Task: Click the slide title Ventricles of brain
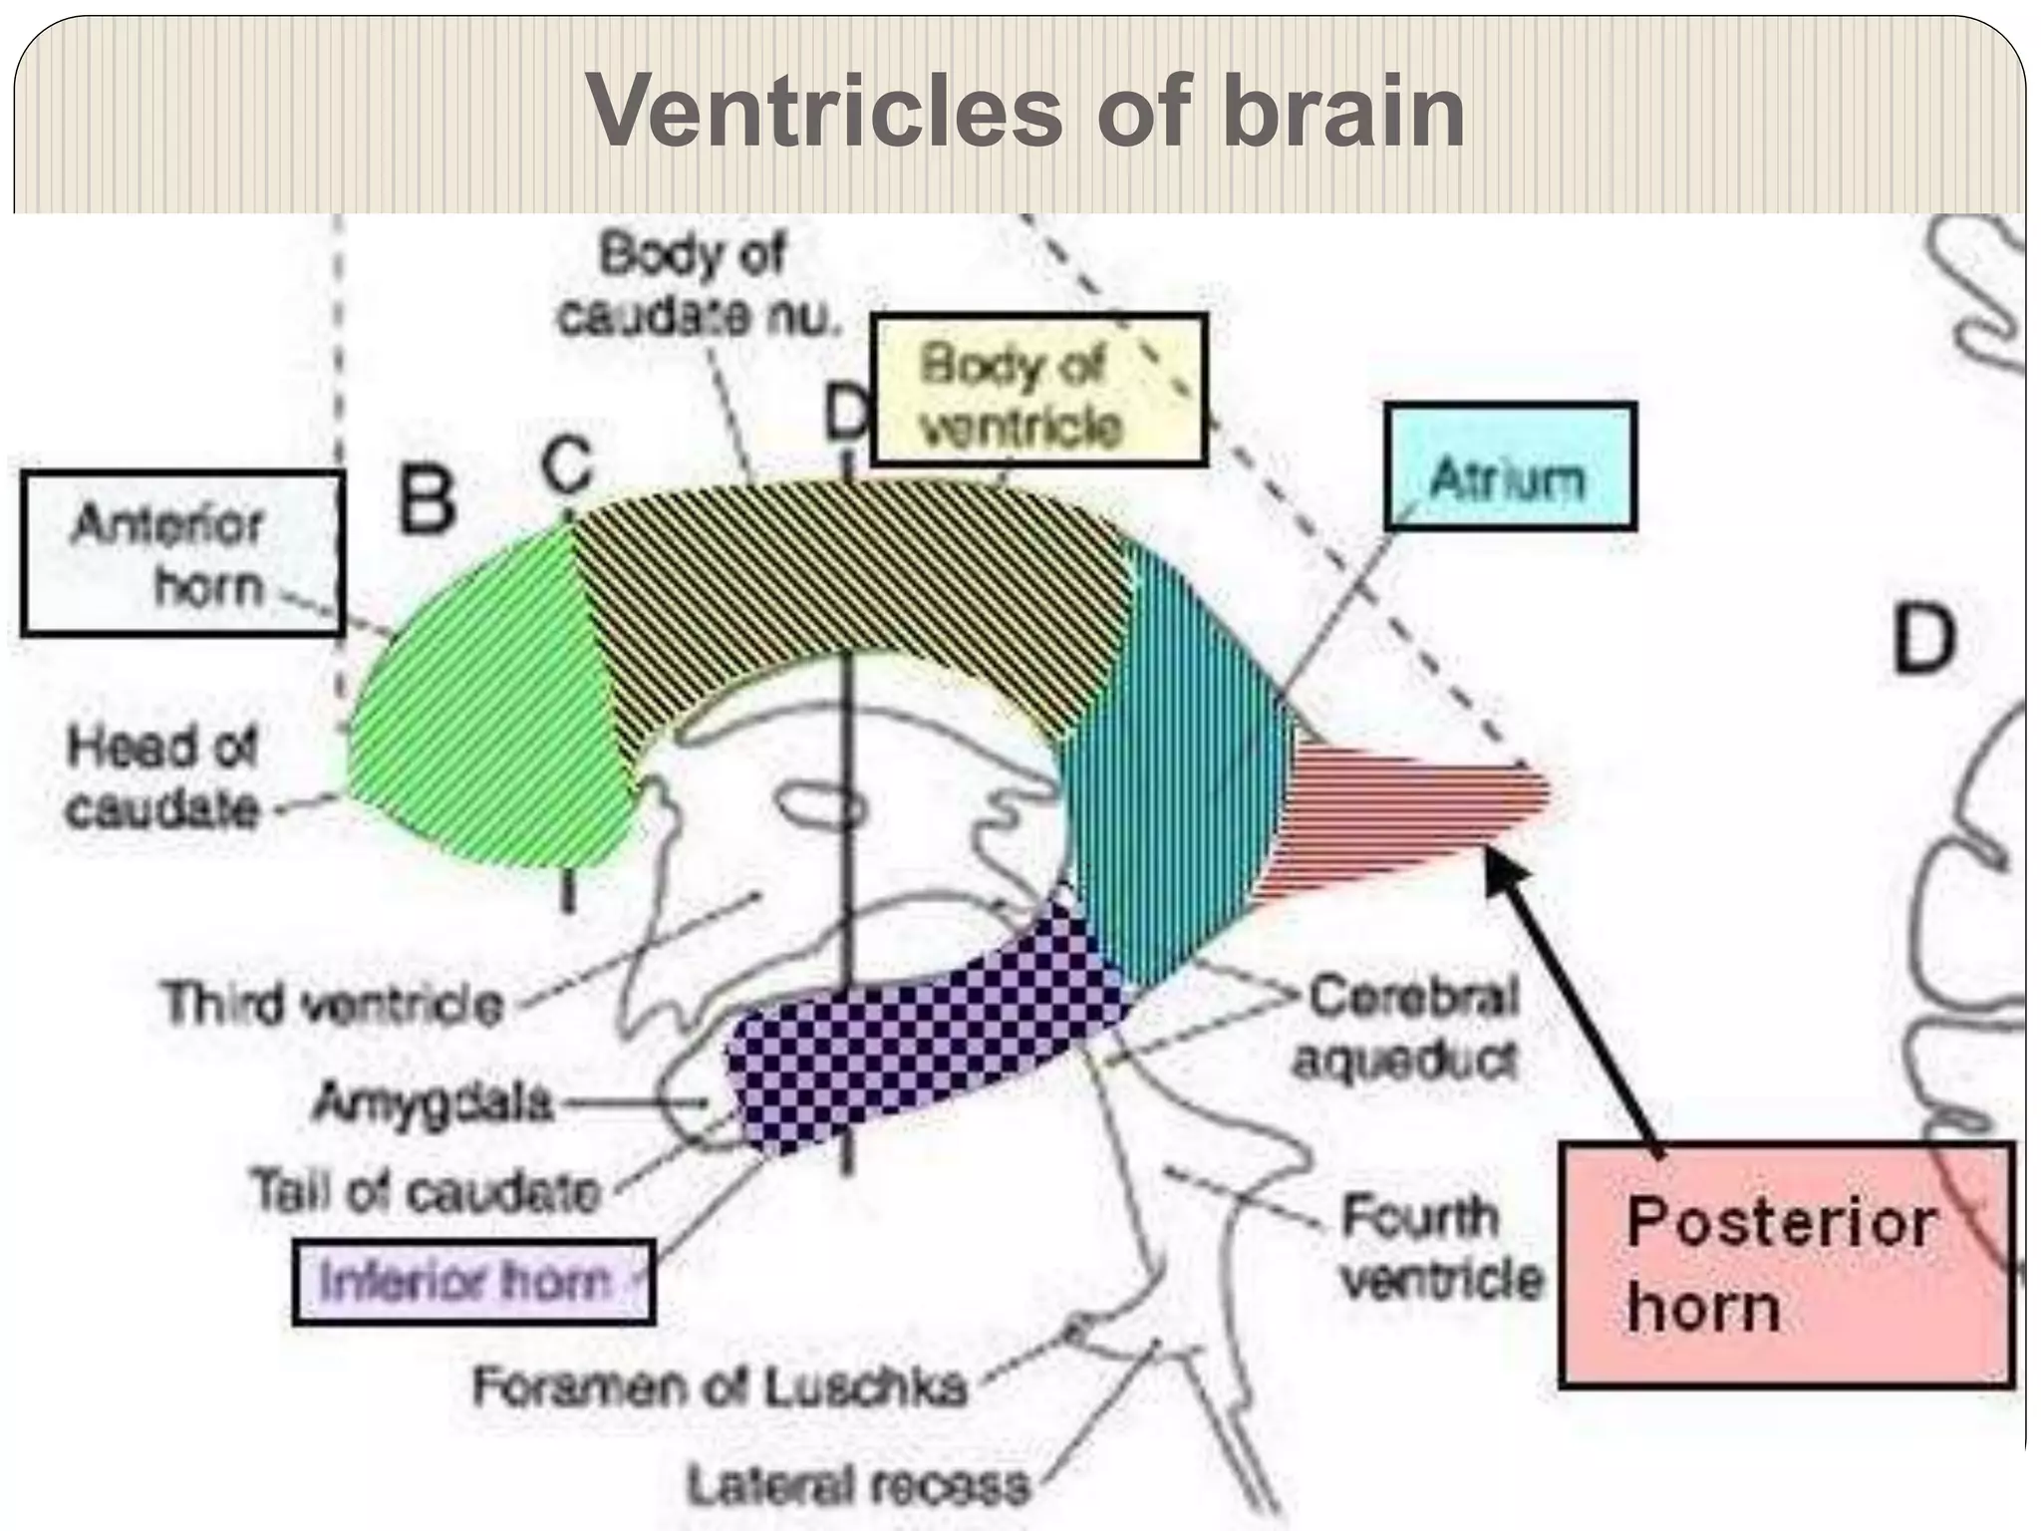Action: [1024, 112]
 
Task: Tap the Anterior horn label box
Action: [182, 554]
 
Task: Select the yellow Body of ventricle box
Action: [1039, 390]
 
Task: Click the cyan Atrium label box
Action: [1510, 465]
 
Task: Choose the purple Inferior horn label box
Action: [473, 1282]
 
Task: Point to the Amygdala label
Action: [432, 1102]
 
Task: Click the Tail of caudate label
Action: [427, 1191]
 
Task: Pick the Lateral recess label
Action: [857, 1485]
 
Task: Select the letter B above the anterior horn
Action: [427, 500]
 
